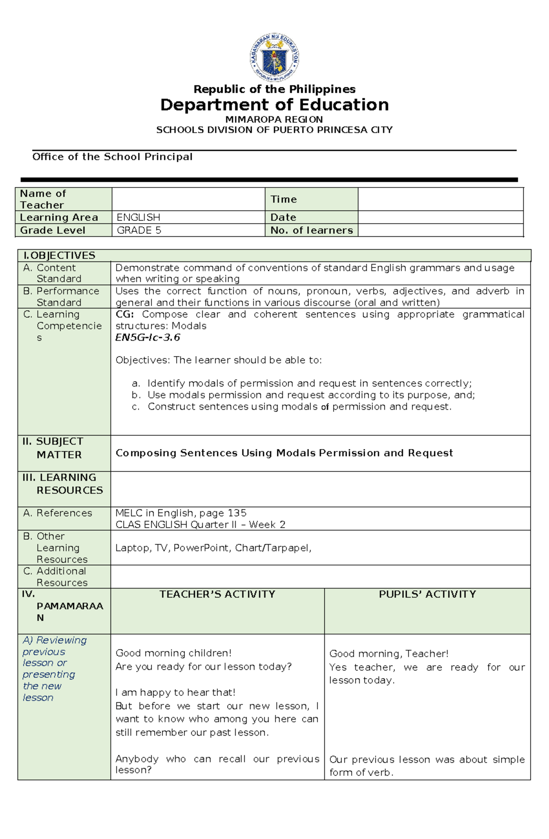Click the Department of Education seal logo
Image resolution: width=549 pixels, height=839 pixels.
click(x=274, y=57)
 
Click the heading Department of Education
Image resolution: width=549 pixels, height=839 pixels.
click(x=274, y=105)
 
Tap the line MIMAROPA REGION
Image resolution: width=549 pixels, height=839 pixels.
click(x=274, y=119)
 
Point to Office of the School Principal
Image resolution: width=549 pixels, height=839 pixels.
click(x=112, y=157)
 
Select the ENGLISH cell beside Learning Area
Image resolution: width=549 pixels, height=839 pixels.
click(x=139, y=217)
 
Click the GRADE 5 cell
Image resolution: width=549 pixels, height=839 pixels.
click(x=139, y=230)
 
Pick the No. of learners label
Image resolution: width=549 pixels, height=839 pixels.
click(x=312, y=230)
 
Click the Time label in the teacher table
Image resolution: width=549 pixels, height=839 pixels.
click(x=284, y=199)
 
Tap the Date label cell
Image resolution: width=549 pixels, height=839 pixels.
click(x=283, y=217)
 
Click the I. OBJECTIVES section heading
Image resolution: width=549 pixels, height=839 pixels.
click(x=59, y=256)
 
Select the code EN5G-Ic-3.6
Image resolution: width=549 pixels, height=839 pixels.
click(x=148, y=337)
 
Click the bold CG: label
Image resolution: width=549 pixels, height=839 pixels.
click(x=124, y=315)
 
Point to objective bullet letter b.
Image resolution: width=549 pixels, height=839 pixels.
click(x=135, y=395)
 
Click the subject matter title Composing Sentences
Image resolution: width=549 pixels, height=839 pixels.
click(x=284, y=453)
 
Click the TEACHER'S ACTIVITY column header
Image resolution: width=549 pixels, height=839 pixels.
click(x=217, y=594)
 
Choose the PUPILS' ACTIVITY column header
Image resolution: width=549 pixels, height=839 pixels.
click(x=427, y=594)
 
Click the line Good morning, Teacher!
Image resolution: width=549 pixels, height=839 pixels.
click(x=389, y=654)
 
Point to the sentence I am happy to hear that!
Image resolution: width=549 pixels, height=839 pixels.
click(x=175, y=693)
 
